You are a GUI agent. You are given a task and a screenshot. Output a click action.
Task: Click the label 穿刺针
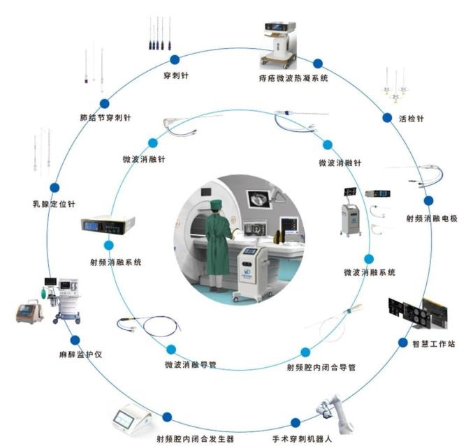(175, 75)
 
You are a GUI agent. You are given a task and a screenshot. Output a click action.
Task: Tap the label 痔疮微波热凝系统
(292, 78)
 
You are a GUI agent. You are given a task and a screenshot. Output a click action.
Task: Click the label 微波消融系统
(370, 272)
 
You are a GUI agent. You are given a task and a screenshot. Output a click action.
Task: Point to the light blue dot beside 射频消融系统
(109, 246)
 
